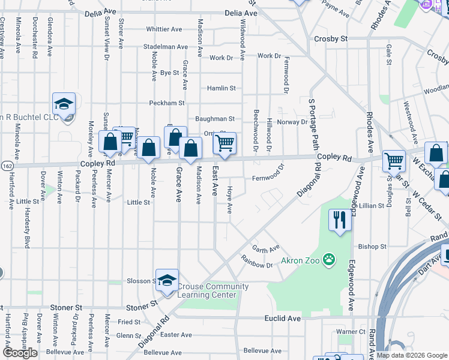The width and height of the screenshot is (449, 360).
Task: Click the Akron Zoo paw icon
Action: [328, 260]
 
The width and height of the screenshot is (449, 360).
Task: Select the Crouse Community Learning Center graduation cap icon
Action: [167, 280]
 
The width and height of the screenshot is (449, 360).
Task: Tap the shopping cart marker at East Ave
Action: [224, 143]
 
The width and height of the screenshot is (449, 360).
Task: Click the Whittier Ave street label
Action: [164, 29]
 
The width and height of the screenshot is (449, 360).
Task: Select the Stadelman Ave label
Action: [166, 47]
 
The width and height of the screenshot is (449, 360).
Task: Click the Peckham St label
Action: [167, 103]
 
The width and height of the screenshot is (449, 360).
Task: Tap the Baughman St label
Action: [214, 119]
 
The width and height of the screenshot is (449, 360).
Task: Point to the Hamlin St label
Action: [221, 88]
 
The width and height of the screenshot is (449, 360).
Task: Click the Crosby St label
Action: [331, 38]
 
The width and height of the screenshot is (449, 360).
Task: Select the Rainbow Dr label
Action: [257, 258]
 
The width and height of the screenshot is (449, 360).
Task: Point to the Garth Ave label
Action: [266, 248]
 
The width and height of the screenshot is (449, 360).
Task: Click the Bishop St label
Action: [372, 247]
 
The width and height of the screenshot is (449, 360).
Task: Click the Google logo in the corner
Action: [20, 353]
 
